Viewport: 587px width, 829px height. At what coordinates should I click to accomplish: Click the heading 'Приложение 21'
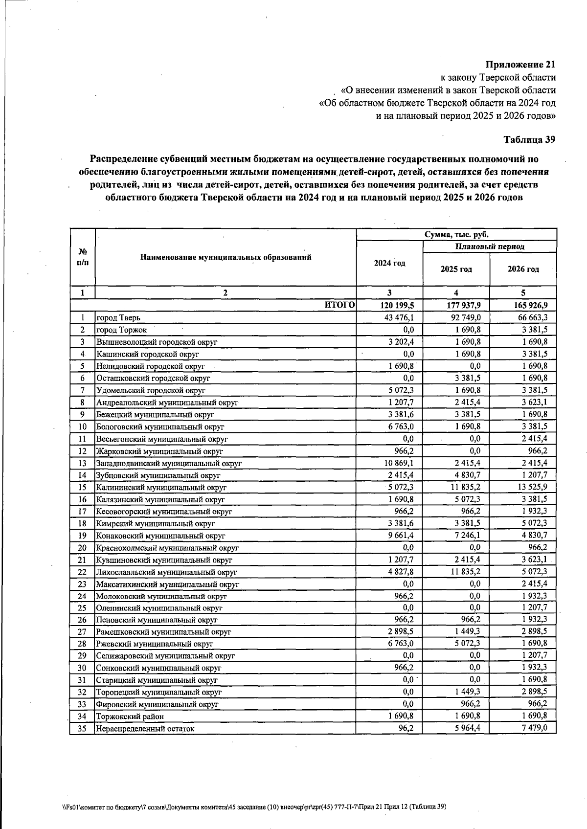coord(520,65)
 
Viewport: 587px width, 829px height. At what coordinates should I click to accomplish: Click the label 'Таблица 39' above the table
coord(529,140)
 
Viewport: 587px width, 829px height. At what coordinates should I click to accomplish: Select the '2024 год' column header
coord(389,264)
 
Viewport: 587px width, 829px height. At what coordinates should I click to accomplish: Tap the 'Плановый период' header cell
coord(489,246)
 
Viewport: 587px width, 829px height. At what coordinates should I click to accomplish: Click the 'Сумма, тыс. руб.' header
coord(456,234)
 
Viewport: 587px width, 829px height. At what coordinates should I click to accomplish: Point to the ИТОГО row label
coord(339,305)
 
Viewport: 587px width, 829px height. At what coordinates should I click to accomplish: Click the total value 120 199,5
coord(397,306)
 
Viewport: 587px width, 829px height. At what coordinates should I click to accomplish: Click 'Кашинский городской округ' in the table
coord(148,354)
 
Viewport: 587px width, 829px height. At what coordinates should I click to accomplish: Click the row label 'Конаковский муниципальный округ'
coord(160,536)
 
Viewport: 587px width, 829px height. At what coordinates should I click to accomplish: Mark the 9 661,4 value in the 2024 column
coord(401,536)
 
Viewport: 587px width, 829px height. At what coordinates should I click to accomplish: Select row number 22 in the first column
coord(82,572)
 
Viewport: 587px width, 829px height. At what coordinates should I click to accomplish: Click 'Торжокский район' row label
coord(130,717)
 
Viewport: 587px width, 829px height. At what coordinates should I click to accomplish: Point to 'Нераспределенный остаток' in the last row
coord(145,729)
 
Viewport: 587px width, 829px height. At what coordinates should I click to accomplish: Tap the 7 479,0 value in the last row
coord(534,728)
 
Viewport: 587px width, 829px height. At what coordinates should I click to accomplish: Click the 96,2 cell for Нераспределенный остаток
coord(406,728)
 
